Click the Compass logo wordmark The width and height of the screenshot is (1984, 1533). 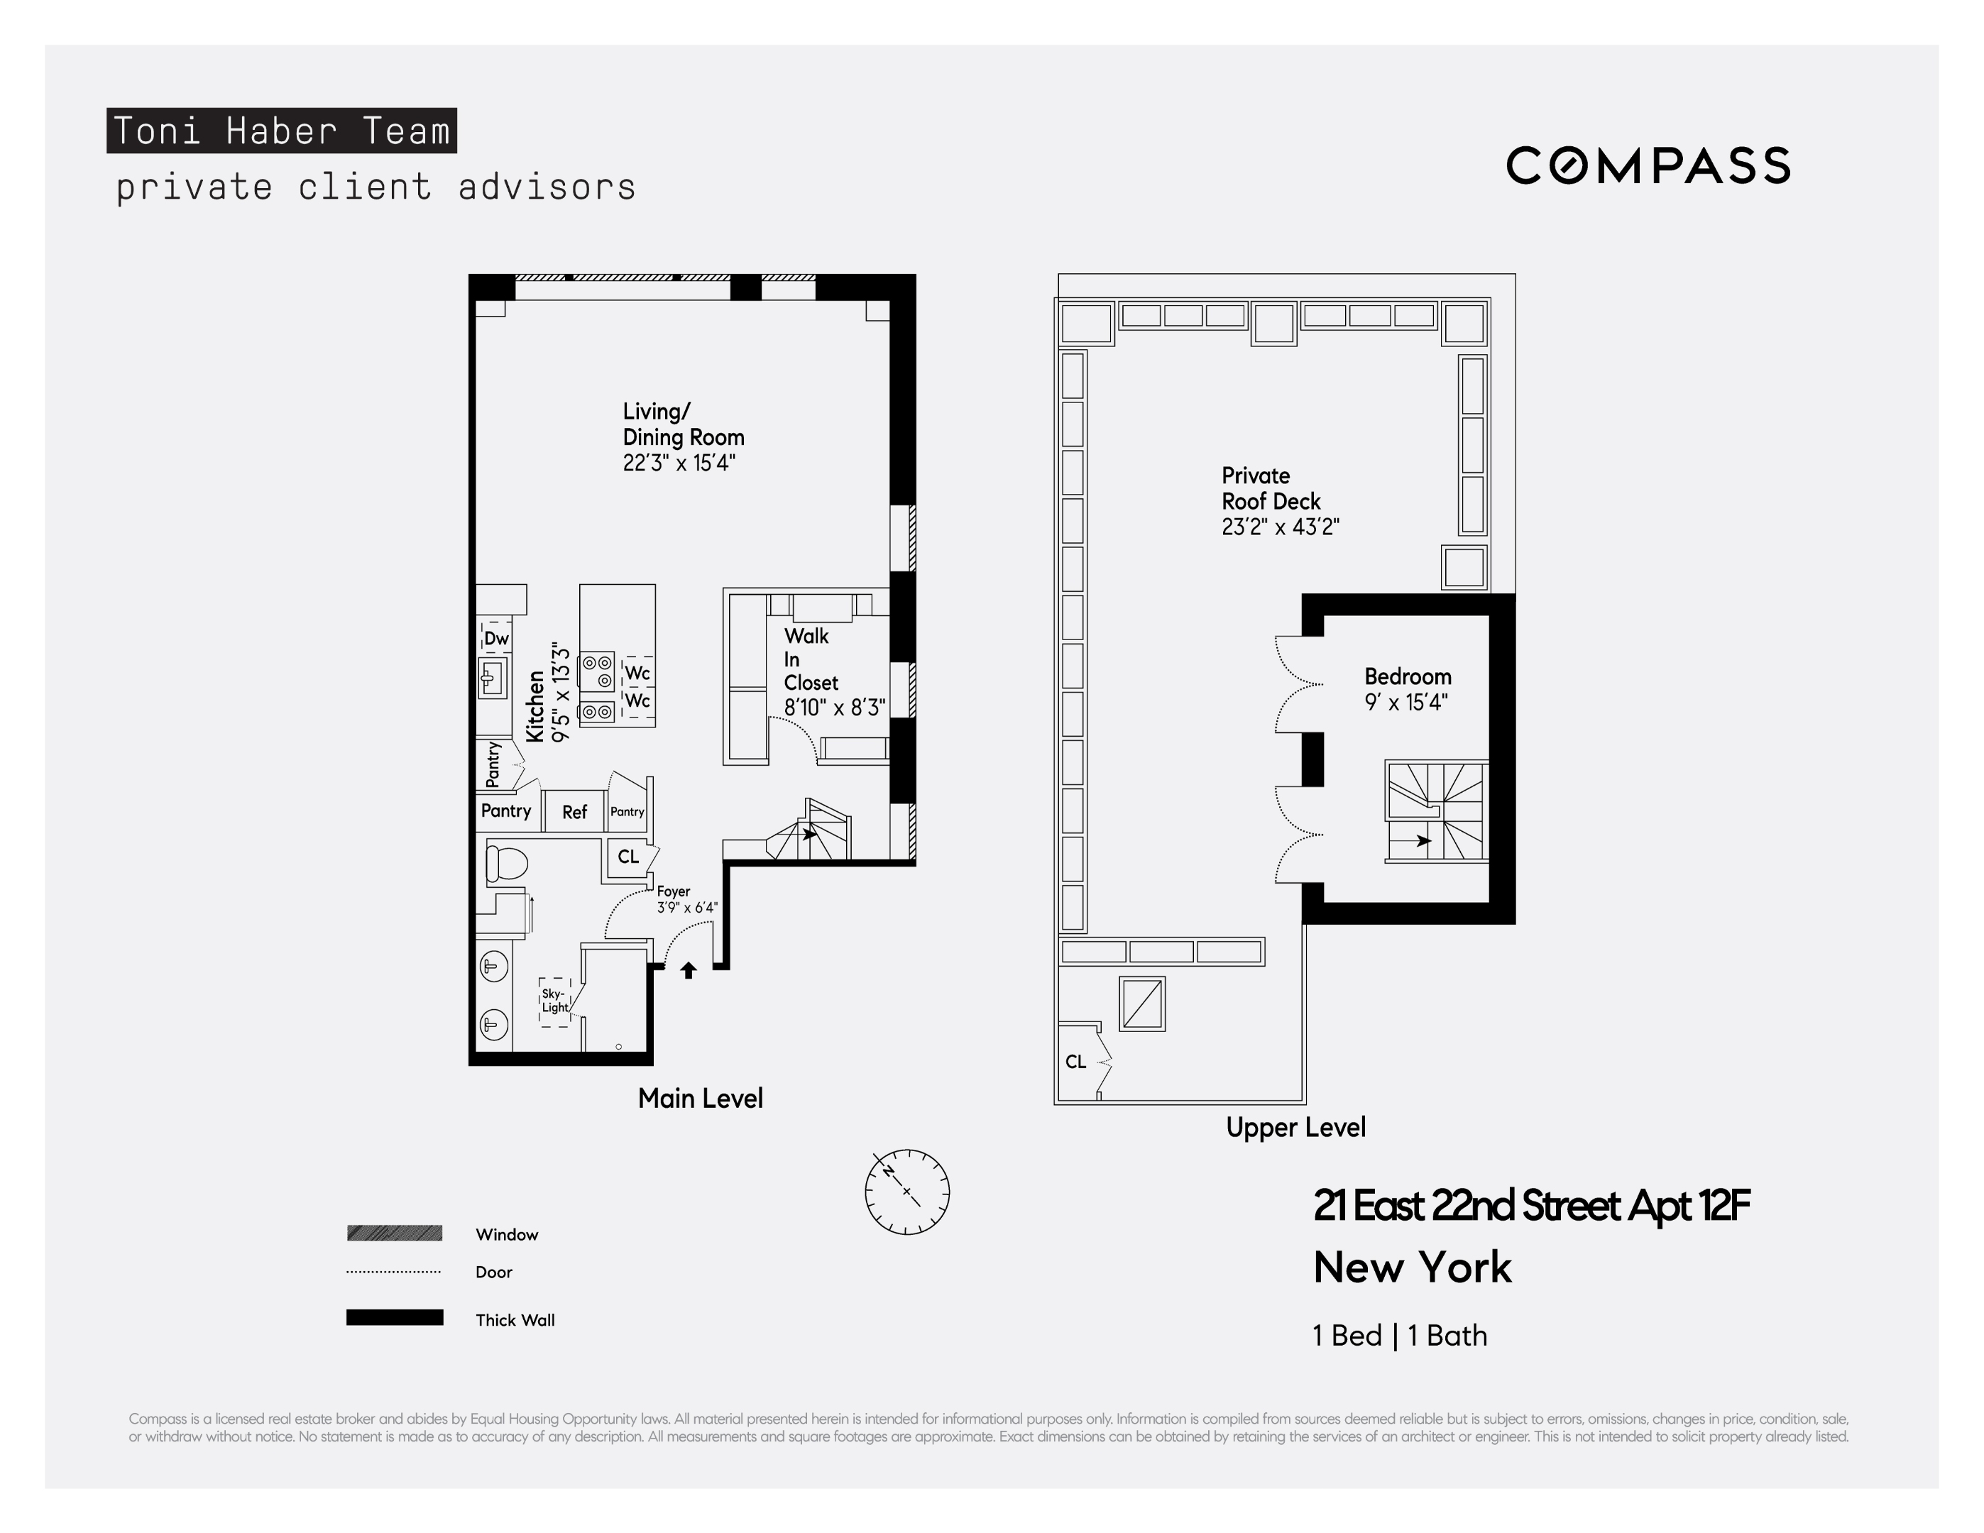1647,165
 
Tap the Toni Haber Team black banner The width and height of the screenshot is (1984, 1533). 282,131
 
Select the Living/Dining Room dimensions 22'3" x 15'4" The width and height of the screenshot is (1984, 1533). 679,463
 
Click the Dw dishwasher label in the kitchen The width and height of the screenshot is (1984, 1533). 496,639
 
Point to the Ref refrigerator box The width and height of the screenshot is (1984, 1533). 574,812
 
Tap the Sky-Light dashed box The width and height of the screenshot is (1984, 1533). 555,1001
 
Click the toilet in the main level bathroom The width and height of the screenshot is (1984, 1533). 506,864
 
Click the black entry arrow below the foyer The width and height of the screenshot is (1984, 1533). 689,970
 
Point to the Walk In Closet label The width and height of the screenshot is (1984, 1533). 811,659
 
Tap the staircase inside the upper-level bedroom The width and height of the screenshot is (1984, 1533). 1436,812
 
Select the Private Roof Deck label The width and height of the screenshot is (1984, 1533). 1270,488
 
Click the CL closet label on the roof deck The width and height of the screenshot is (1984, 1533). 1075,1062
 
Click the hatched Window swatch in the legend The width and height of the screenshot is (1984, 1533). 394,1233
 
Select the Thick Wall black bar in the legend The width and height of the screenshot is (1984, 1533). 394,1318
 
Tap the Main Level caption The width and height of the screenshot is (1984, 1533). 699,1098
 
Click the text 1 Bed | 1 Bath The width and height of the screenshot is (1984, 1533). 1400,1335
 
